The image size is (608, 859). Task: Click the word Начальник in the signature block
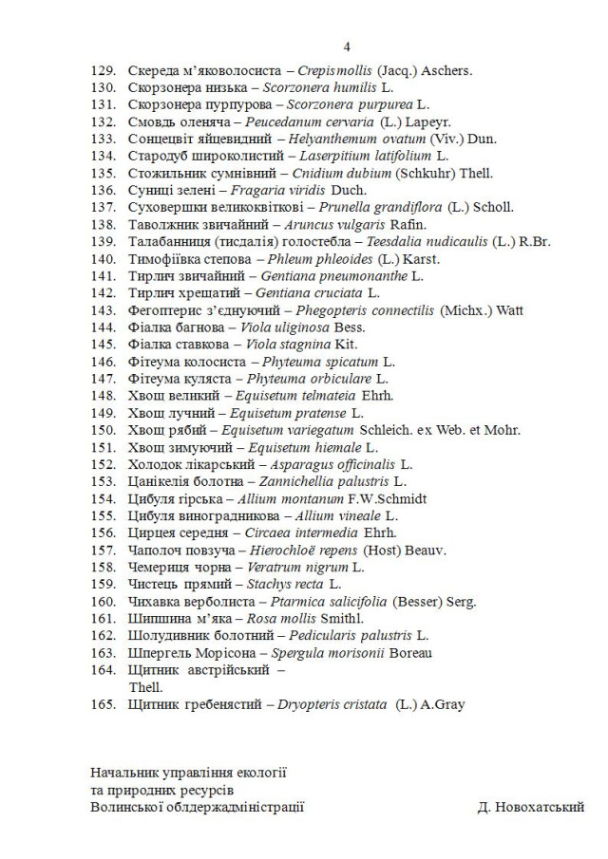coord(126,773)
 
